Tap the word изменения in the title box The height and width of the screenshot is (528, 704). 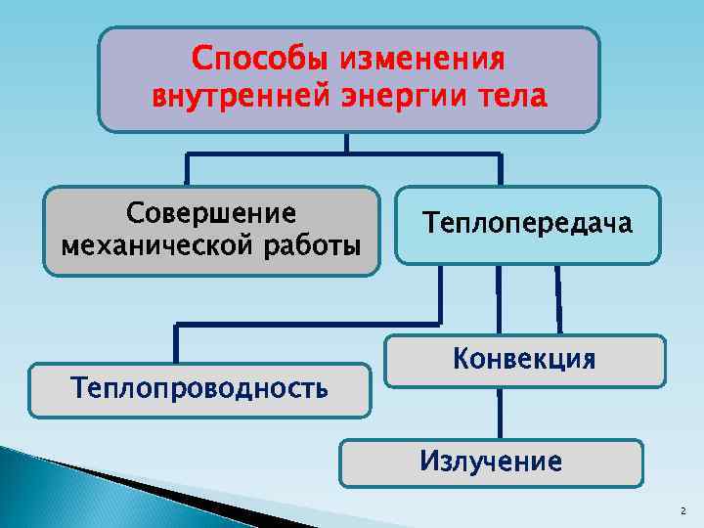click(x=422, y=60)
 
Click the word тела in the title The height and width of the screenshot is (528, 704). click(x=512, y=98)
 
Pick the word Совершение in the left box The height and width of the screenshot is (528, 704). click(x=211, y=214)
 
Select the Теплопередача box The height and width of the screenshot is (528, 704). click(x=527, y=225)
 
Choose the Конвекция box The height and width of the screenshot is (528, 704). click(x=524, y=361)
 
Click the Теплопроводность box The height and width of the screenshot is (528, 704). click(x=199, y=389)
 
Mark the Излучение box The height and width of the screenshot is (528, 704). click(x=491, y=462)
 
